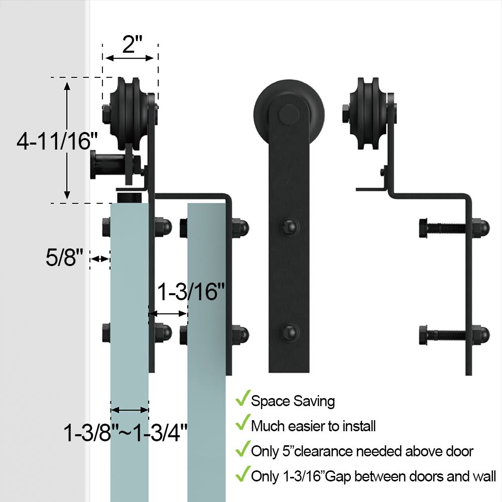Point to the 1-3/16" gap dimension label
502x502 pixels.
[191, 292]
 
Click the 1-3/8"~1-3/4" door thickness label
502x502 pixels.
[125, 433]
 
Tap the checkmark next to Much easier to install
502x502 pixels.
[242, 423]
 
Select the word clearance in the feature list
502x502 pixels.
[323, 451]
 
